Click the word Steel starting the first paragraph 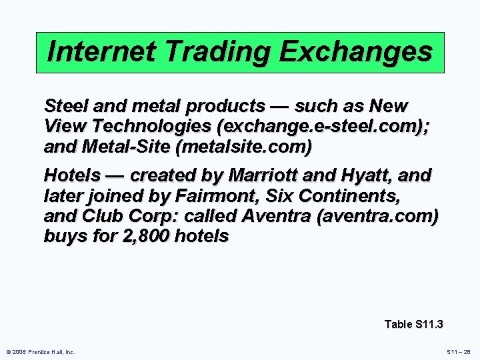pyautogui.click(x=65, y=105)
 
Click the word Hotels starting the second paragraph pyautogui.click(x=72, y=175)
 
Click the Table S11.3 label pyautogui.click(x=414, y=324)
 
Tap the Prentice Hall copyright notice pyautogui.click(x=40, y=351)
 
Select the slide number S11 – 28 pyautogui.click(x=458, y=351)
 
